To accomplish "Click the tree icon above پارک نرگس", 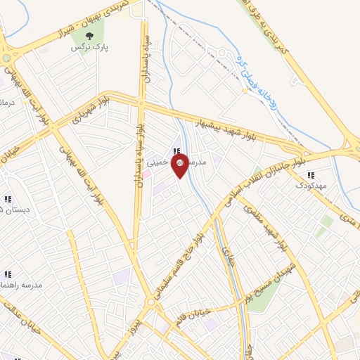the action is pyautogui.click(x=89, y=36).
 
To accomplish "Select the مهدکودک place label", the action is pyautogui.click(x=311, y=186).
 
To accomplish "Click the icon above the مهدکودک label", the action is pyautogui.click(x=311, y=175).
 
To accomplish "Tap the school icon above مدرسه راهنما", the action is pyautogui.click(x=8, y=274).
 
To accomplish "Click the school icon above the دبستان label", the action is pyautogui.click(x=8, y=198).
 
